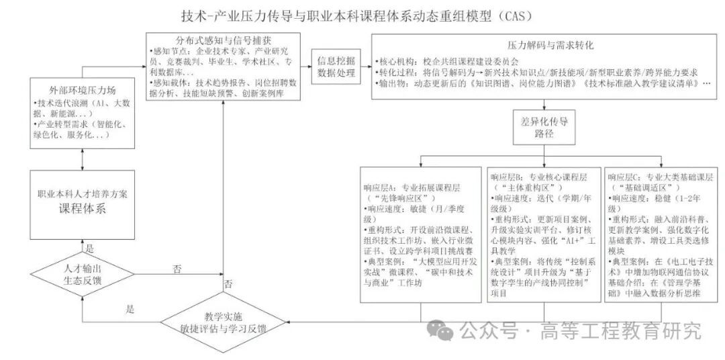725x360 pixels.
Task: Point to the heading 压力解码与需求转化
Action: pos(542,46)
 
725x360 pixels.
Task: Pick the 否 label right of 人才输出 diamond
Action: pos(177,269)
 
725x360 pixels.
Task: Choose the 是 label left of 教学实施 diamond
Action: pos(130,310)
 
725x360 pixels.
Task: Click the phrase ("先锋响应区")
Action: pos(401,199)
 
